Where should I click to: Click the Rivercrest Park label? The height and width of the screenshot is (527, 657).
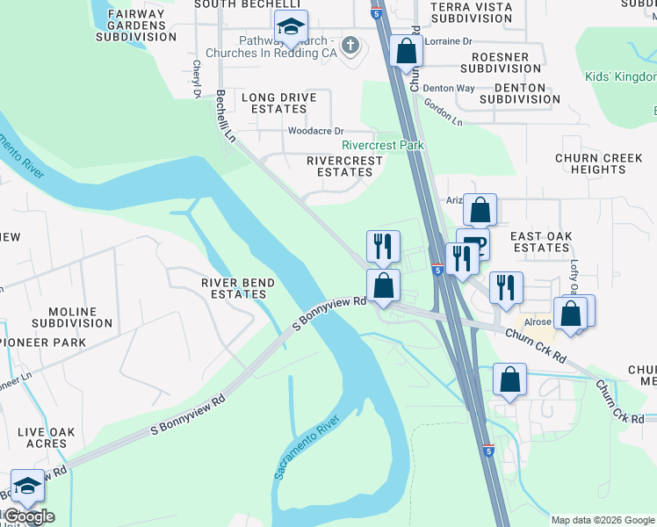coord(383,145)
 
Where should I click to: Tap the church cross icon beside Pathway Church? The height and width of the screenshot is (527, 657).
coord(350,45)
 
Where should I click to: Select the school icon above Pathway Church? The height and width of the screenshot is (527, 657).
coord(290,26)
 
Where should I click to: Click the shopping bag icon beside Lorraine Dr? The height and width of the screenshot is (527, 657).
coord(406,50)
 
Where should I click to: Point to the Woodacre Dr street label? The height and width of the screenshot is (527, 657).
coord(315,131)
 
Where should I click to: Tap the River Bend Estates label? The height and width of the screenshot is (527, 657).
coord(238,288)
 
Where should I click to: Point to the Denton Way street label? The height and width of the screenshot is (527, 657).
coord(448,89)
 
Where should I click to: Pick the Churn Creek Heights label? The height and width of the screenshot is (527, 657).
coord(590,163)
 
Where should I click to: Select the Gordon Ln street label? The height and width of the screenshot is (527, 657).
coord(443,112)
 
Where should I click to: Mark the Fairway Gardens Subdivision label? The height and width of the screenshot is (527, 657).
coord(136,25)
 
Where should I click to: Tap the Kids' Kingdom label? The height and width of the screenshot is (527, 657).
coord(621,76)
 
